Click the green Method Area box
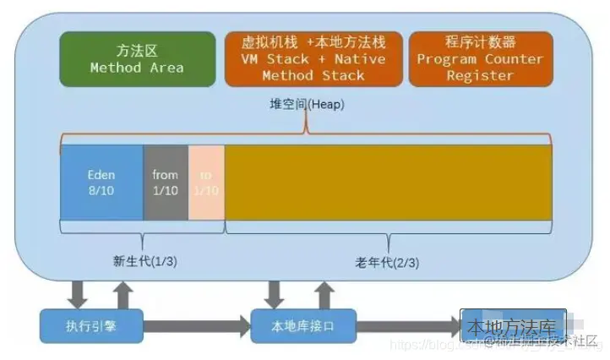137,58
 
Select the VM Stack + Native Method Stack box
313,58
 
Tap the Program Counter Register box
480,58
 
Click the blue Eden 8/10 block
101,183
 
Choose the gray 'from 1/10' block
166,183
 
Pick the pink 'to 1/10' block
206,183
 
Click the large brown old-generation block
389,183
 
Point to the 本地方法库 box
507,325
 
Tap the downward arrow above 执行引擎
79,292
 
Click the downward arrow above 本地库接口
274,292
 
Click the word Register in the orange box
480,75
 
